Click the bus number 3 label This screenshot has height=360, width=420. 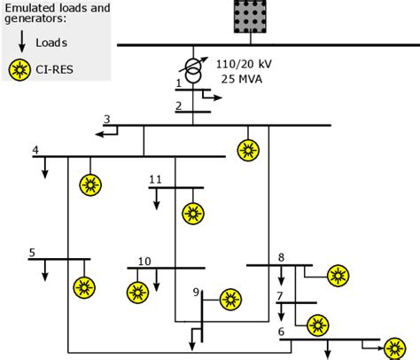click(x=107, y=120)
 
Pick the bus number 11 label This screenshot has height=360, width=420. click(x=155, y=180)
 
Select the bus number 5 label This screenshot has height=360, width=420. click(x=32, y=252)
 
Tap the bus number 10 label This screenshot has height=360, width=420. click(x=144, y=261)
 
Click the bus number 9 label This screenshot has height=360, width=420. click(x=196, y=292)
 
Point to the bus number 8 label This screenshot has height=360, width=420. click(x=282, y=258)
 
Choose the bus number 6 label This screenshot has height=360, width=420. click(x=282, y=333)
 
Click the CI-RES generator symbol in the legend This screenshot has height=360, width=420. click(x=19, y=69)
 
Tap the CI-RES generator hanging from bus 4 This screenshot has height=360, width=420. click(x=89, y=184)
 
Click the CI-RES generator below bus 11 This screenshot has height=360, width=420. click(x=192, y=214)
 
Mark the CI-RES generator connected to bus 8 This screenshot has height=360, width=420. click(x=337, y=277)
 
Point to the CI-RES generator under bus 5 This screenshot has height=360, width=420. click(x=84, y=286)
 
